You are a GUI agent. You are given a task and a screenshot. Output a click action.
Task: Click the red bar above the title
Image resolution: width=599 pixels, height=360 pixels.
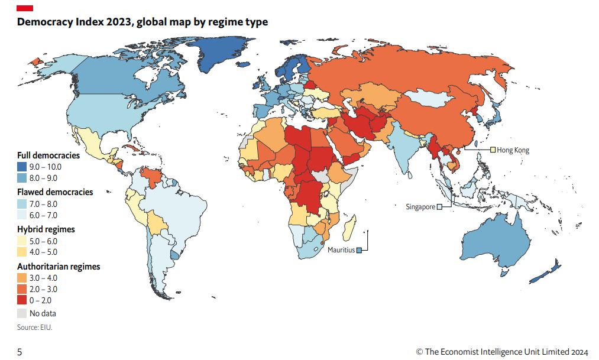point(25,8)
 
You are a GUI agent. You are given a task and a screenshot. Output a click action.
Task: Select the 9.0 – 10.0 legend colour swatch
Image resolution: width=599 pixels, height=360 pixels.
point(22,167)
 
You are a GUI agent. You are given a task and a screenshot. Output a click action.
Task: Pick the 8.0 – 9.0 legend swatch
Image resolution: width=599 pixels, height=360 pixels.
point(22,177)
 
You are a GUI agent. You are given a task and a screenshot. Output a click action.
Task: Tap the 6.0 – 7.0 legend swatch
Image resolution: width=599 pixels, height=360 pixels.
point(22,215)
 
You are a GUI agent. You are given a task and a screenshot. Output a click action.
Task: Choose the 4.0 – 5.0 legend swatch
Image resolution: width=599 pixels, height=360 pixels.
point(22,252)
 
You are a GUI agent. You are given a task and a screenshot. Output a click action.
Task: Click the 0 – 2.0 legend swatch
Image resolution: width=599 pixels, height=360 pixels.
point(22,300)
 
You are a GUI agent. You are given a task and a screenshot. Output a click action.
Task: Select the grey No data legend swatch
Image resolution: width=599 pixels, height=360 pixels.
point(22,313)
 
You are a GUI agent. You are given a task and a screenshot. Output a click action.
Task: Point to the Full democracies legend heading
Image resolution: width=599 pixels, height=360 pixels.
point(48,155)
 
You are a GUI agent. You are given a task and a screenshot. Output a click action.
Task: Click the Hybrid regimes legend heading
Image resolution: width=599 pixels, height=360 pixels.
point(46,229)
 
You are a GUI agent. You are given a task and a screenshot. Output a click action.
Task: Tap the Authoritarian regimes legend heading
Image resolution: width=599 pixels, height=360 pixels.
point(59,267)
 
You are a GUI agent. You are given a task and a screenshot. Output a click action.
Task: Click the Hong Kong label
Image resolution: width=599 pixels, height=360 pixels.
point(513,150)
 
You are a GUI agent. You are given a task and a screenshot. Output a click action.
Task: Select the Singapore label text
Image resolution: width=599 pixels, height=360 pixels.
point(420,207)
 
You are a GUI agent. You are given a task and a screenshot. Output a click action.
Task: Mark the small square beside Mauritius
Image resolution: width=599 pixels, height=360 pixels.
point(359,250)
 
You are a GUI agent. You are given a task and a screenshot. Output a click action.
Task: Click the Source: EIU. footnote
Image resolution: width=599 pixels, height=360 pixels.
point(34,326)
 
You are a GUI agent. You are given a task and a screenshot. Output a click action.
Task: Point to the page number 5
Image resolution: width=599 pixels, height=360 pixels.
point(20,352)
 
